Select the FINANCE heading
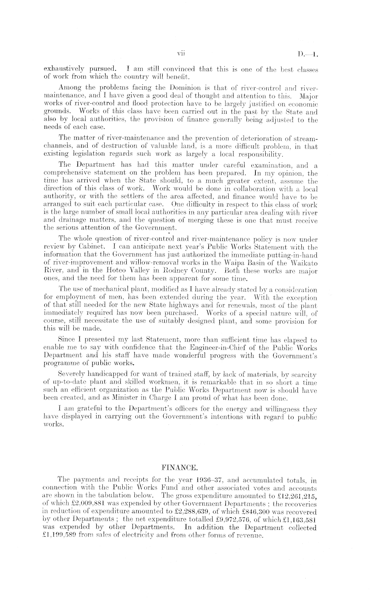[180, 469]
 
